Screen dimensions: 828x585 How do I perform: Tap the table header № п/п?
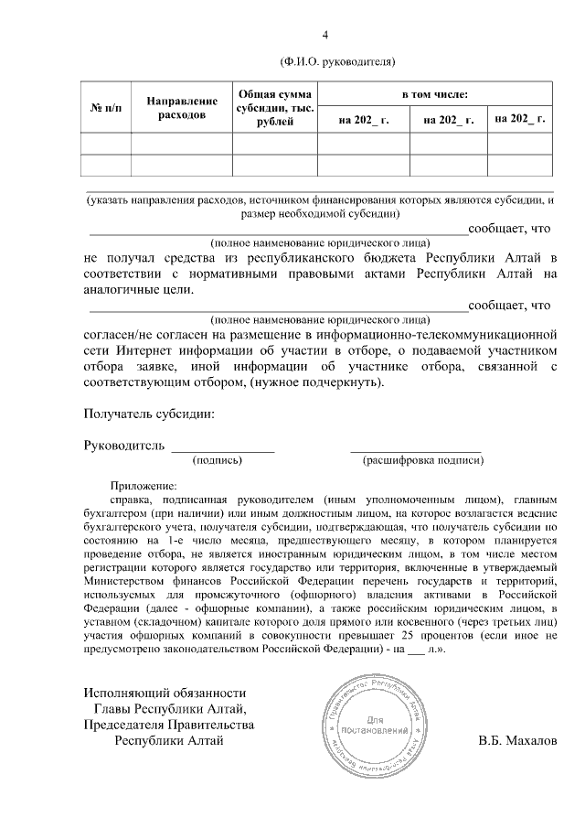(105, 108)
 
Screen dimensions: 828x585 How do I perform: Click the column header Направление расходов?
(181, 108)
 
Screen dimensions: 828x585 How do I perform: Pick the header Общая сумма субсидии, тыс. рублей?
(274, 108)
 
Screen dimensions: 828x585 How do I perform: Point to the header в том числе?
(435, 94)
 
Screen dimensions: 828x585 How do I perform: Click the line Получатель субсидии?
(149, 414)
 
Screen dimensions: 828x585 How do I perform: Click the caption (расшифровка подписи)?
(422, 461)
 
